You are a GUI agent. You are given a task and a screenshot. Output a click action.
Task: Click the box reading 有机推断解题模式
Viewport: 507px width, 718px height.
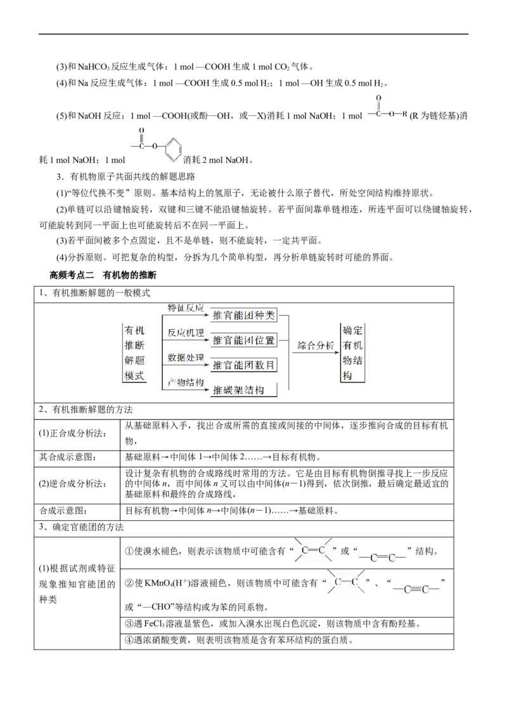(x=134, y=353)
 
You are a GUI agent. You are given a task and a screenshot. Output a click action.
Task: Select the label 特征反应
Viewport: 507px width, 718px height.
(x=185, y=308)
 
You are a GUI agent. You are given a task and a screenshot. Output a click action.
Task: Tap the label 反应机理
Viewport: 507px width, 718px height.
(x=185, y=332)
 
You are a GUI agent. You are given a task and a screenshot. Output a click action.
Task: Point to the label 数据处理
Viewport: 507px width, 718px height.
(x=185, y=357)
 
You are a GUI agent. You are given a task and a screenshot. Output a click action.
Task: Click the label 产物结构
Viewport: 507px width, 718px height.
(x=185, y=382)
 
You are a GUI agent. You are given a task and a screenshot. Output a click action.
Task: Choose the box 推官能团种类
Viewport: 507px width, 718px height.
(x=245, y=315)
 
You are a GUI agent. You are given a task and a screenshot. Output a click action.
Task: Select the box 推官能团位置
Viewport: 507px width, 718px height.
(x=245, y=341)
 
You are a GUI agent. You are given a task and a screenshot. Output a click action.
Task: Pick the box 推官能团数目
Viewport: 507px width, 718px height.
(x=245, y=365)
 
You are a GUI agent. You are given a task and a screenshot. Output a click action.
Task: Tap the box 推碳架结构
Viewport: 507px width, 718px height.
(x=245, y=389)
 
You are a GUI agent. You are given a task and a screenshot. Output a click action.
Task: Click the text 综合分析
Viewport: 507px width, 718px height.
(x=316, y=346)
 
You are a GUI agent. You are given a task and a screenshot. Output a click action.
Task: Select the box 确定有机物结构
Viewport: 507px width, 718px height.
(x=352, y=353)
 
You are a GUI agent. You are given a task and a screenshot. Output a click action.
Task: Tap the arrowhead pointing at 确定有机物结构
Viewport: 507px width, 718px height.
(x=337, y=353)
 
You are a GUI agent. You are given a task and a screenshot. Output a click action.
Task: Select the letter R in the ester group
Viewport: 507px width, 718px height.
(x=405, y=115)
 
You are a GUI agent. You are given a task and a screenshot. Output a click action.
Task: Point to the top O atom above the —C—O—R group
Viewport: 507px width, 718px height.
(x=378, y=98)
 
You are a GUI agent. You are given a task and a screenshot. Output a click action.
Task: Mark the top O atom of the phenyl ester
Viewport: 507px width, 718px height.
(x=142, y=130)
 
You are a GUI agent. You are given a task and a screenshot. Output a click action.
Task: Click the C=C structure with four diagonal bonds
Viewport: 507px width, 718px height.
(x=314, y=550)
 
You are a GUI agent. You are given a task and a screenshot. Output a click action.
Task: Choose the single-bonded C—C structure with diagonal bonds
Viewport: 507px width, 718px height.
(x=345, y=582)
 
